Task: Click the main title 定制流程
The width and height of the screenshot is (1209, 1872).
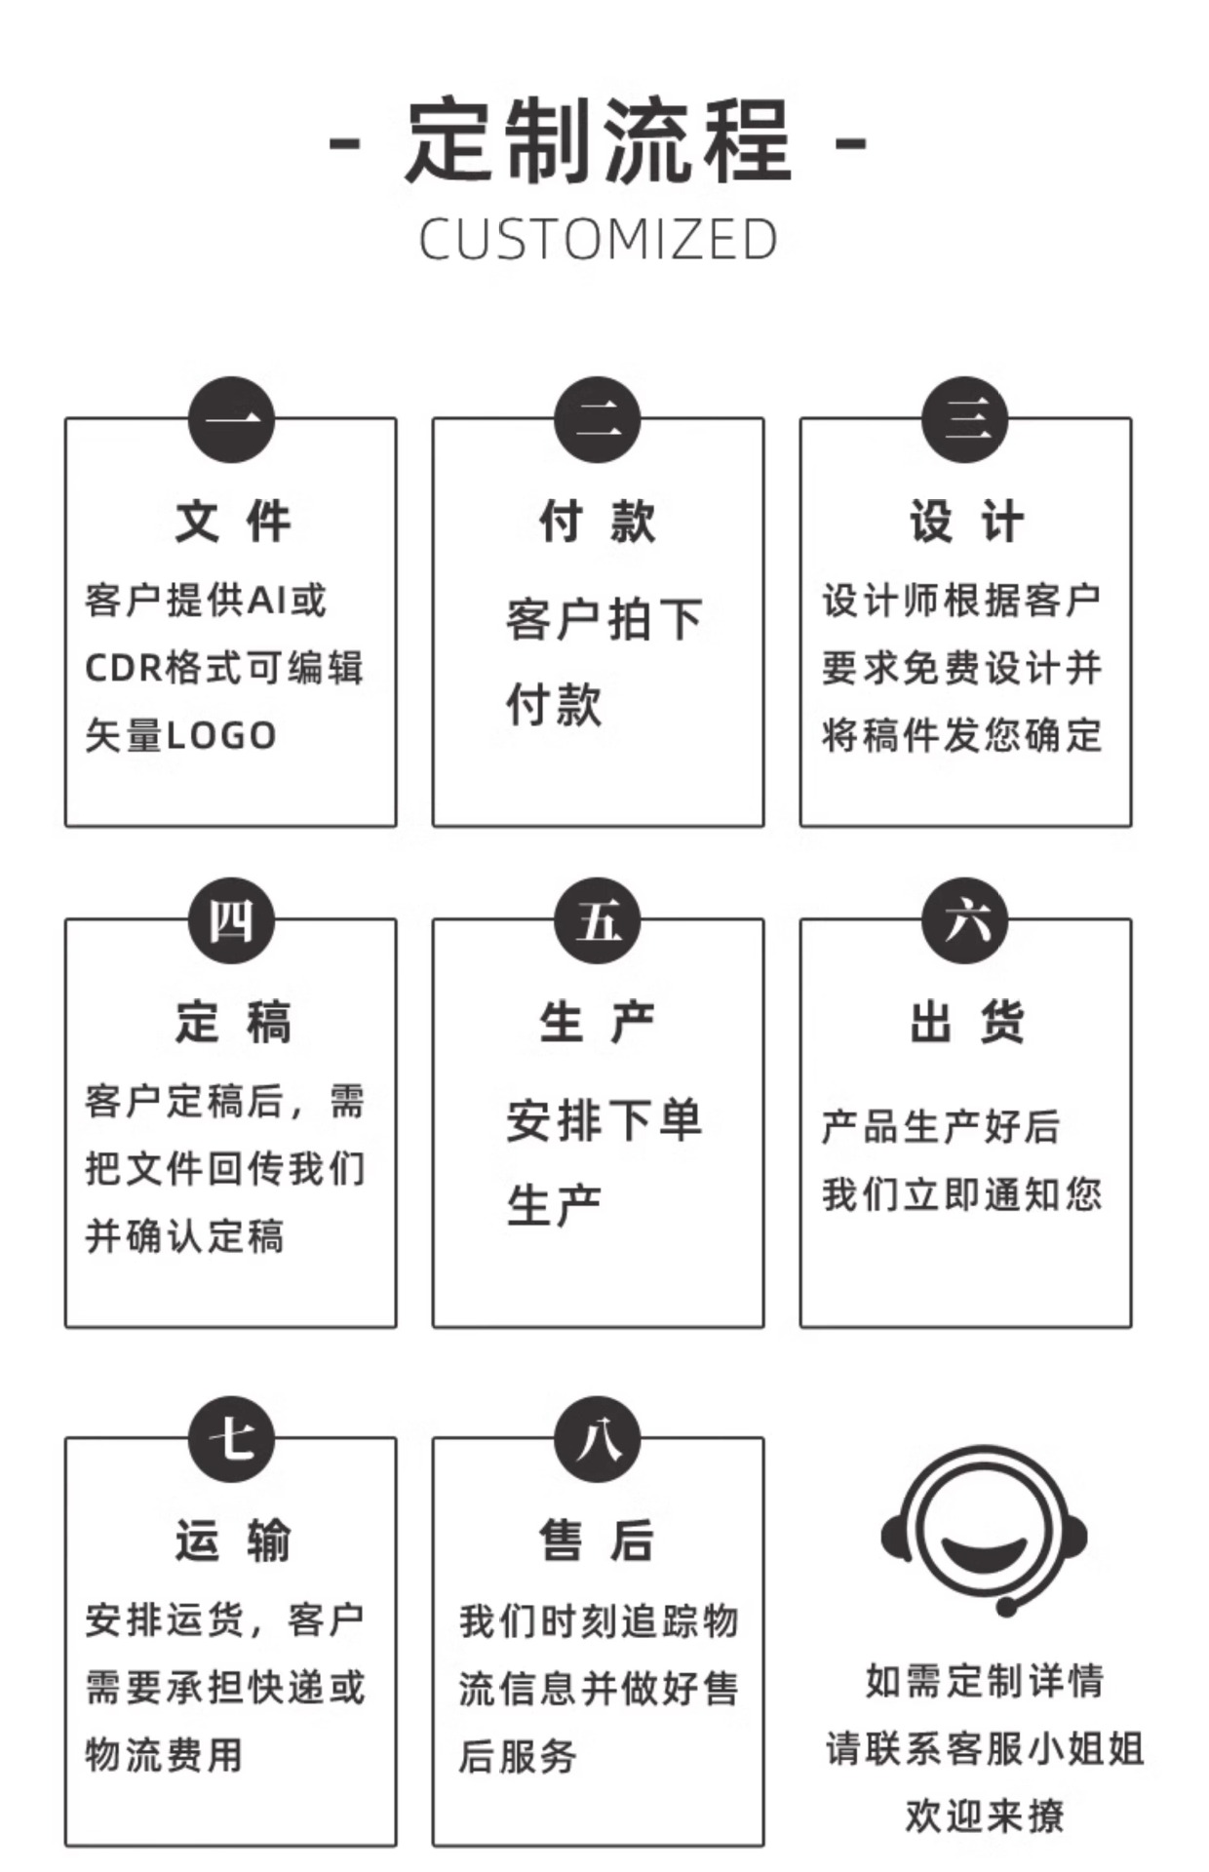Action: tap(598, 141)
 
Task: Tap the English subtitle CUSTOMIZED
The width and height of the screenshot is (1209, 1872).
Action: tap(598, 240)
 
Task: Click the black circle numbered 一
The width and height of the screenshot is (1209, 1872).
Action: tap(231, 420)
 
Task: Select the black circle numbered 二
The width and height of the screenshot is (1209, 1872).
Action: tap(598, 420)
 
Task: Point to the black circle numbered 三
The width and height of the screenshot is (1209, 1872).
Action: tap(965, 420)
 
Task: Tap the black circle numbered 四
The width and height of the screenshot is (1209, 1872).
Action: tap(231, 920)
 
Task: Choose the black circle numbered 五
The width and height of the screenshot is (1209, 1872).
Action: tap(598, 920)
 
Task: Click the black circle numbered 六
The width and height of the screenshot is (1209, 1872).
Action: tap(965, 920)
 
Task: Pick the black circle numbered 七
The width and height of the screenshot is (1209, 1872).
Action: tap(231, 1438)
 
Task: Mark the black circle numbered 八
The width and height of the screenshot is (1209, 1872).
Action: tap(598, 1438)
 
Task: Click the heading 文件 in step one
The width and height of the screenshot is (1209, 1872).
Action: tap(232, 521)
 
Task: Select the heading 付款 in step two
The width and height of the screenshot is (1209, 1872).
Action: tap(598, 521)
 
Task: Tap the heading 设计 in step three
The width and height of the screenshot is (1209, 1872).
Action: tap(965, 521)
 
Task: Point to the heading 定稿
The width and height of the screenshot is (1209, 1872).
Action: tap(232, 1022)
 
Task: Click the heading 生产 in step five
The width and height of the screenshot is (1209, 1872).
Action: tap(598, 1022)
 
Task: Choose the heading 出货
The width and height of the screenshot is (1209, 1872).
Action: tap(965, 1022)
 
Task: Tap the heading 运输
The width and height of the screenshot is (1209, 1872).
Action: tap(232, 1540)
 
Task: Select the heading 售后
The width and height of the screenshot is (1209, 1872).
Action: tap(598, 1540)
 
